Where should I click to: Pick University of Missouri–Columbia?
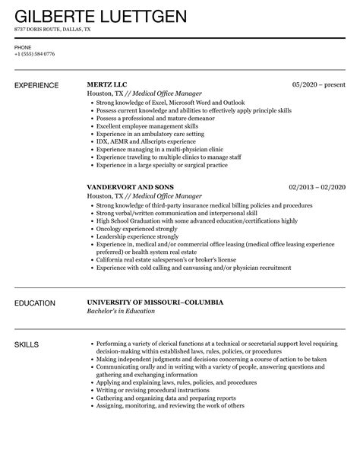coord(155,303)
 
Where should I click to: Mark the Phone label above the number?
coord(23,46)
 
